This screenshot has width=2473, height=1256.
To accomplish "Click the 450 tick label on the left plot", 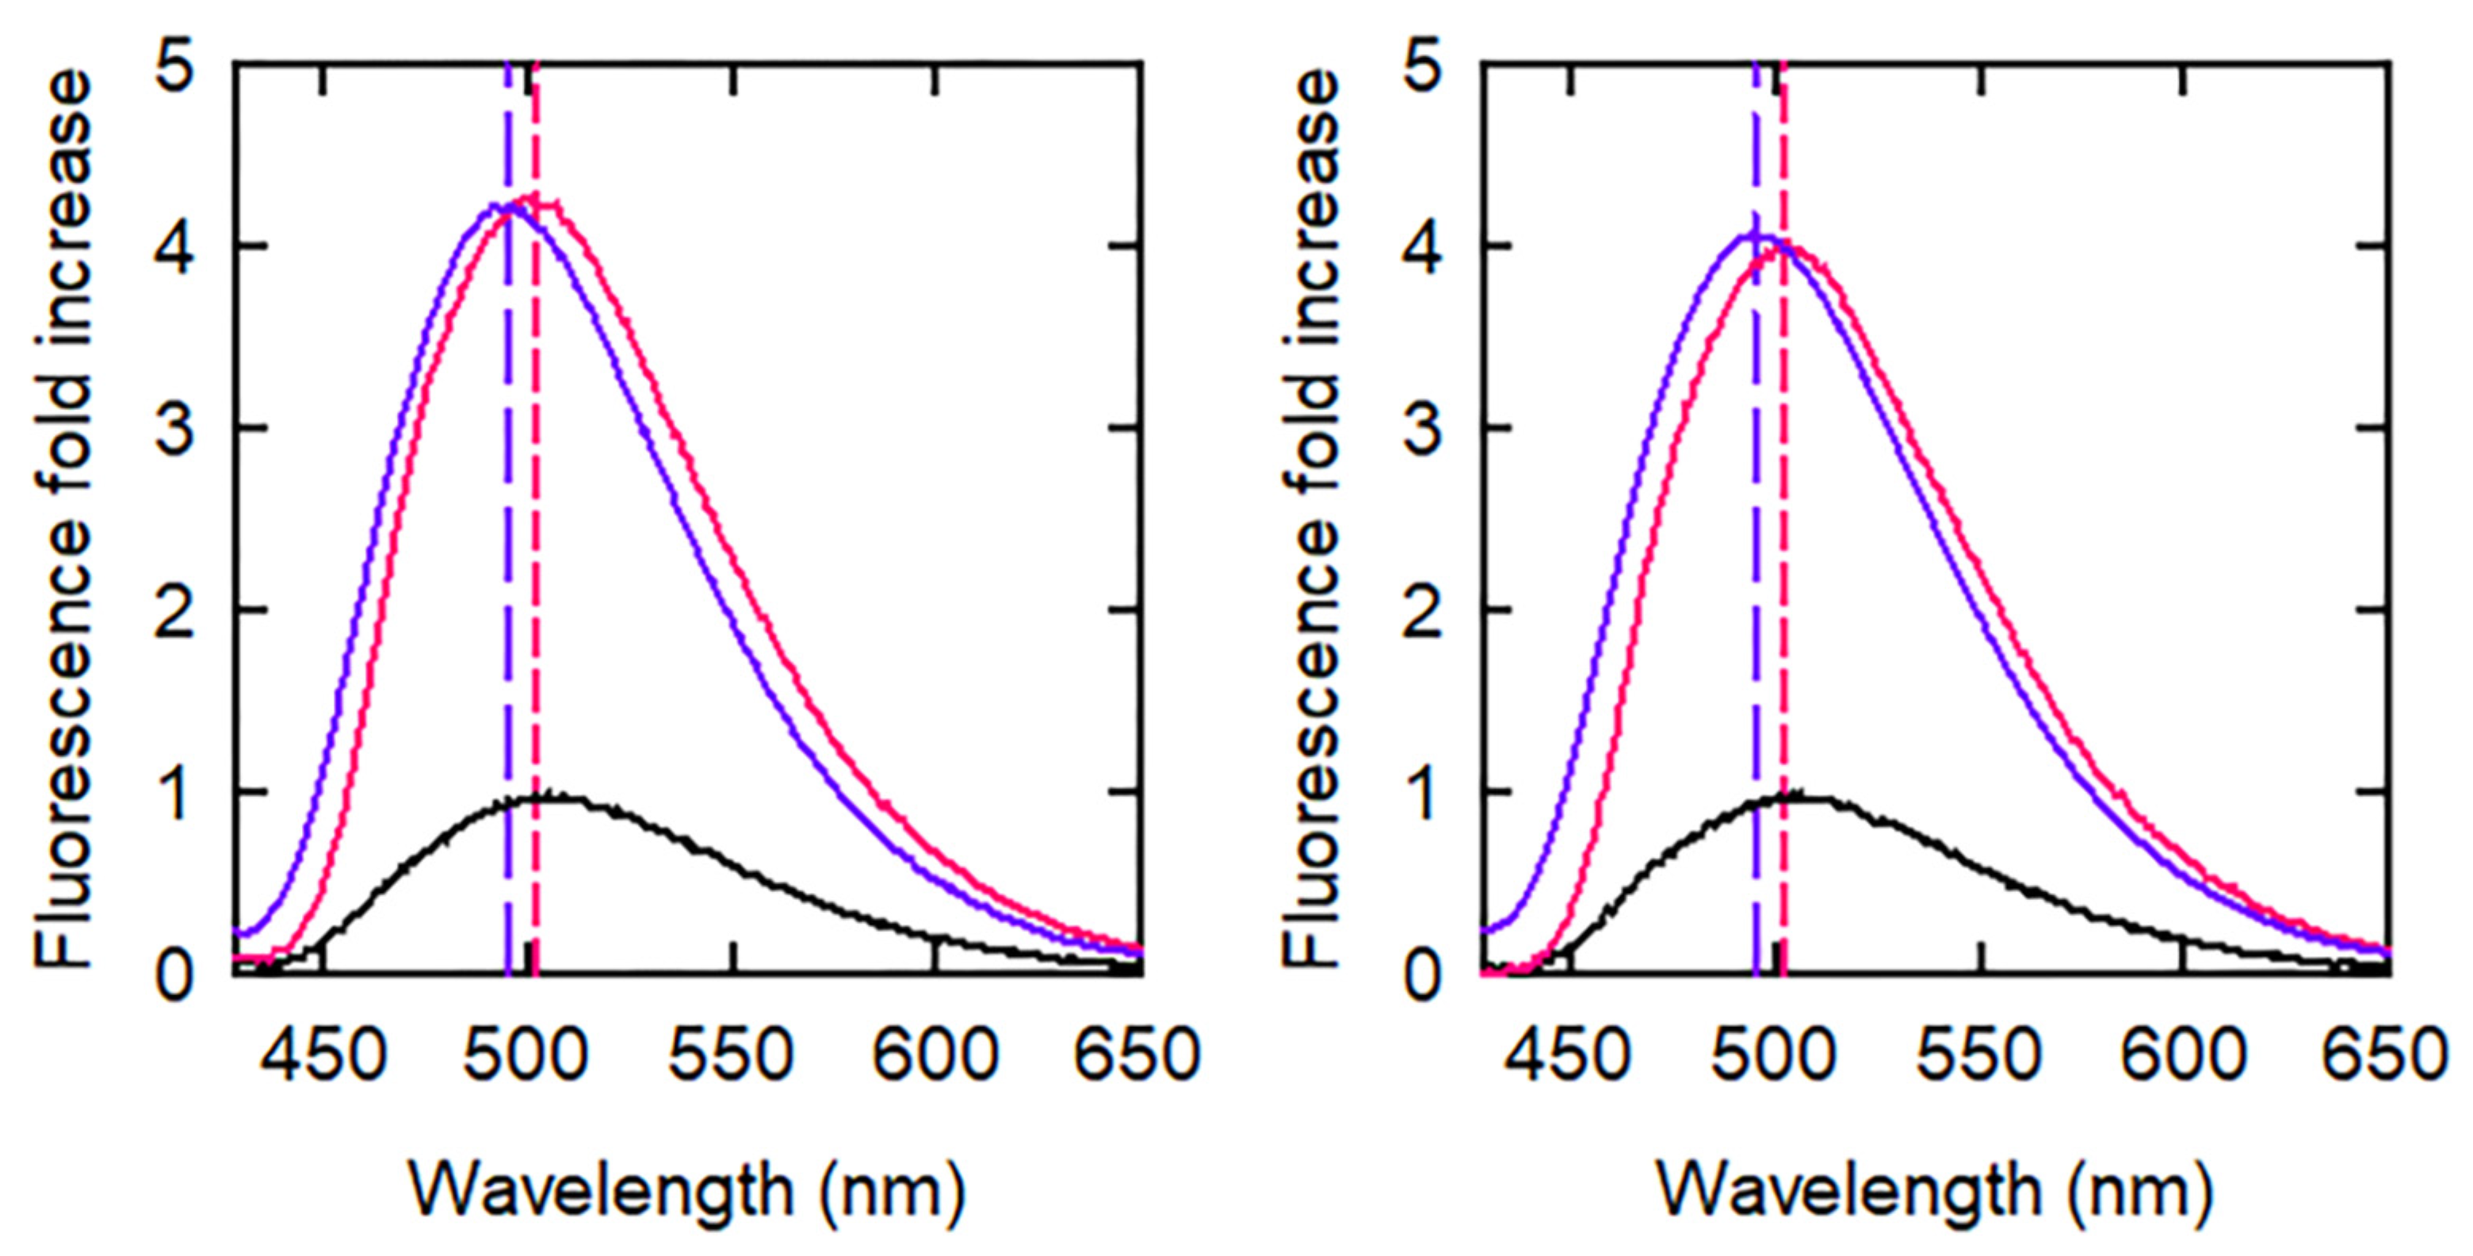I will tap(323, 1055).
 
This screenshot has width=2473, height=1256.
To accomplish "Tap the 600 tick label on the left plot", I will tap(935, 1055).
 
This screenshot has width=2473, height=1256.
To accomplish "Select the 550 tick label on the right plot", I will tap(1978, 1055).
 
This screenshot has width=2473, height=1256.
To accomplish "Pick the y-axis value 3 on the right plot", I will tap(1424, 428).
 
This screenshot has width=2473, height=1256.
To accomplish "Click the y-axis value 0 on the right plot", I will tap(1424, 978).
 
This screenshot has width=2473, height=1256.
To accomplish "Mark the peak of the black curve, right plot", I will tap(1793, 795).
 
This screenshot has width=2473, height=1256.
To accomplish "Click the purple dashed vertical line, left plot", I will tap(508, 576).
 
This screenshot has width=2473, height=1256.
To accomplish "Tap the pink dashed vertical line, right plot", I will tap(1783, 576).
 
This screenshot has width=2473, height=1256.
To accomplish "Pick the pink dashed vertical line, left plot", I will tap(536, 576).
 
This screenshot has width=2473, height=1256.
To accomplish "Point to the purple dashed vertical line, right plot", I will tap(1755, 576).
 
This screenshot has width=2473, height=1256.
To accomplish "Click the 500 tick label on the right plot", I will tap(1774, 1055).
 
